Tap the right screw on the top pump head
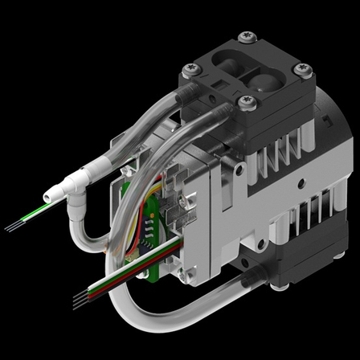point(301,70)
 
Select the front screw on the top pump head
point(244,103)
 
